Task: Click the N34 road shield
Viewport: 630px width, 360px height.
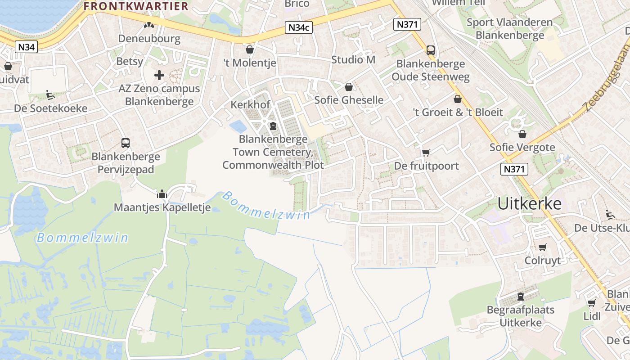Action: pyautogui.click(x=26, y=47)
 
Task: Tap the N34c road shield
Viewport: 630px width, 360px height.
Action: pyautogui.click(x=299, y=27)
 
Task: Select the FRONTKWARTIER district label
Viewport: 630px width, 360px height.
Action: pyautogui.click(x=136, y=6)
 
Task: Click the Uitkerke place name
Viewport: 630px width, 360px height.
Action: pyautogui.click(x=530, y=204)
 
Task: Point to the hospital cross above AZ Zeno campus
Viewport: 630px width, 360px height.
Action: pyautogui.click(x=159, y=75)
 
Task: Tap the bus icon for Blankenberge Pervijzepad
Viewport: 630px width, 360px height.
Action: pyautogui.click(x=126, y=143)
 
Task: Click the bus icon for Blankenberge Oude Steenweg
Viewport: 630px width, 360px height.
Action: pyautogui.click(x=431, y=50)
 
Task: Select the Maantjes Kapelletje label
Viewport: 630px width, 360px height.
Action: pyautogui.click(x=162, y=207)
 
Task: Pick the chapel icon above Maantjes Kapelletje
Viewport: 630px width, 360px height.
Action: pyautogui.click(x=162, y=194)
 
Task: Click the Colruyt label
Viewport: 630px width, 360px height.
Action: pyautogui.click(x=543, y=261)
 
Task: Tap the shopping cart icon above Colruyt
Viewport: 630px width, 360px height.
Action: pyautogui.click(x=543, y=247)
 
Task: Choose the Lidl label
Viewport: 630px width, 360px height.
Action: pyautogui.click(x=592, y=316)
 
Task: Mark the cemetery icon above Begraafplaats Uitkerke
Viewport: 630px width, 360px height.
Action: pyautogui.click(x=521, y=297)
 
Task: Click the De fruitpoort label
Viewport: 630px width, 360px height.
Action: pyautogui.click(x=426, y=166)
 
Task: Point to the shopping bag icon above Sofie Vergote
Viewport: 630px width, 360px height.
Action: pyautogui.click(x=522, y=134)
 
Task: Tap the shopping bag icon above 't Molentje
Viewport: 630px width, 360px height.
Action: pyautogui.click(x=250, y=49)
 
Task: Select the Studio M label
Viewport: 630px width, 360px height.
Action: pyautogui.click(x=353, y=59)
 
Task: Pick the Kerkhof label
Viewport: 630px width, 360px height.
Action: pyautogui.click(x=250, y=105)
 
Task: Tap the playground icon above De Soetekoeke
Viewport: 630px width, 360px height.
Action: pyautogui.click(x=50, y=95)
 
